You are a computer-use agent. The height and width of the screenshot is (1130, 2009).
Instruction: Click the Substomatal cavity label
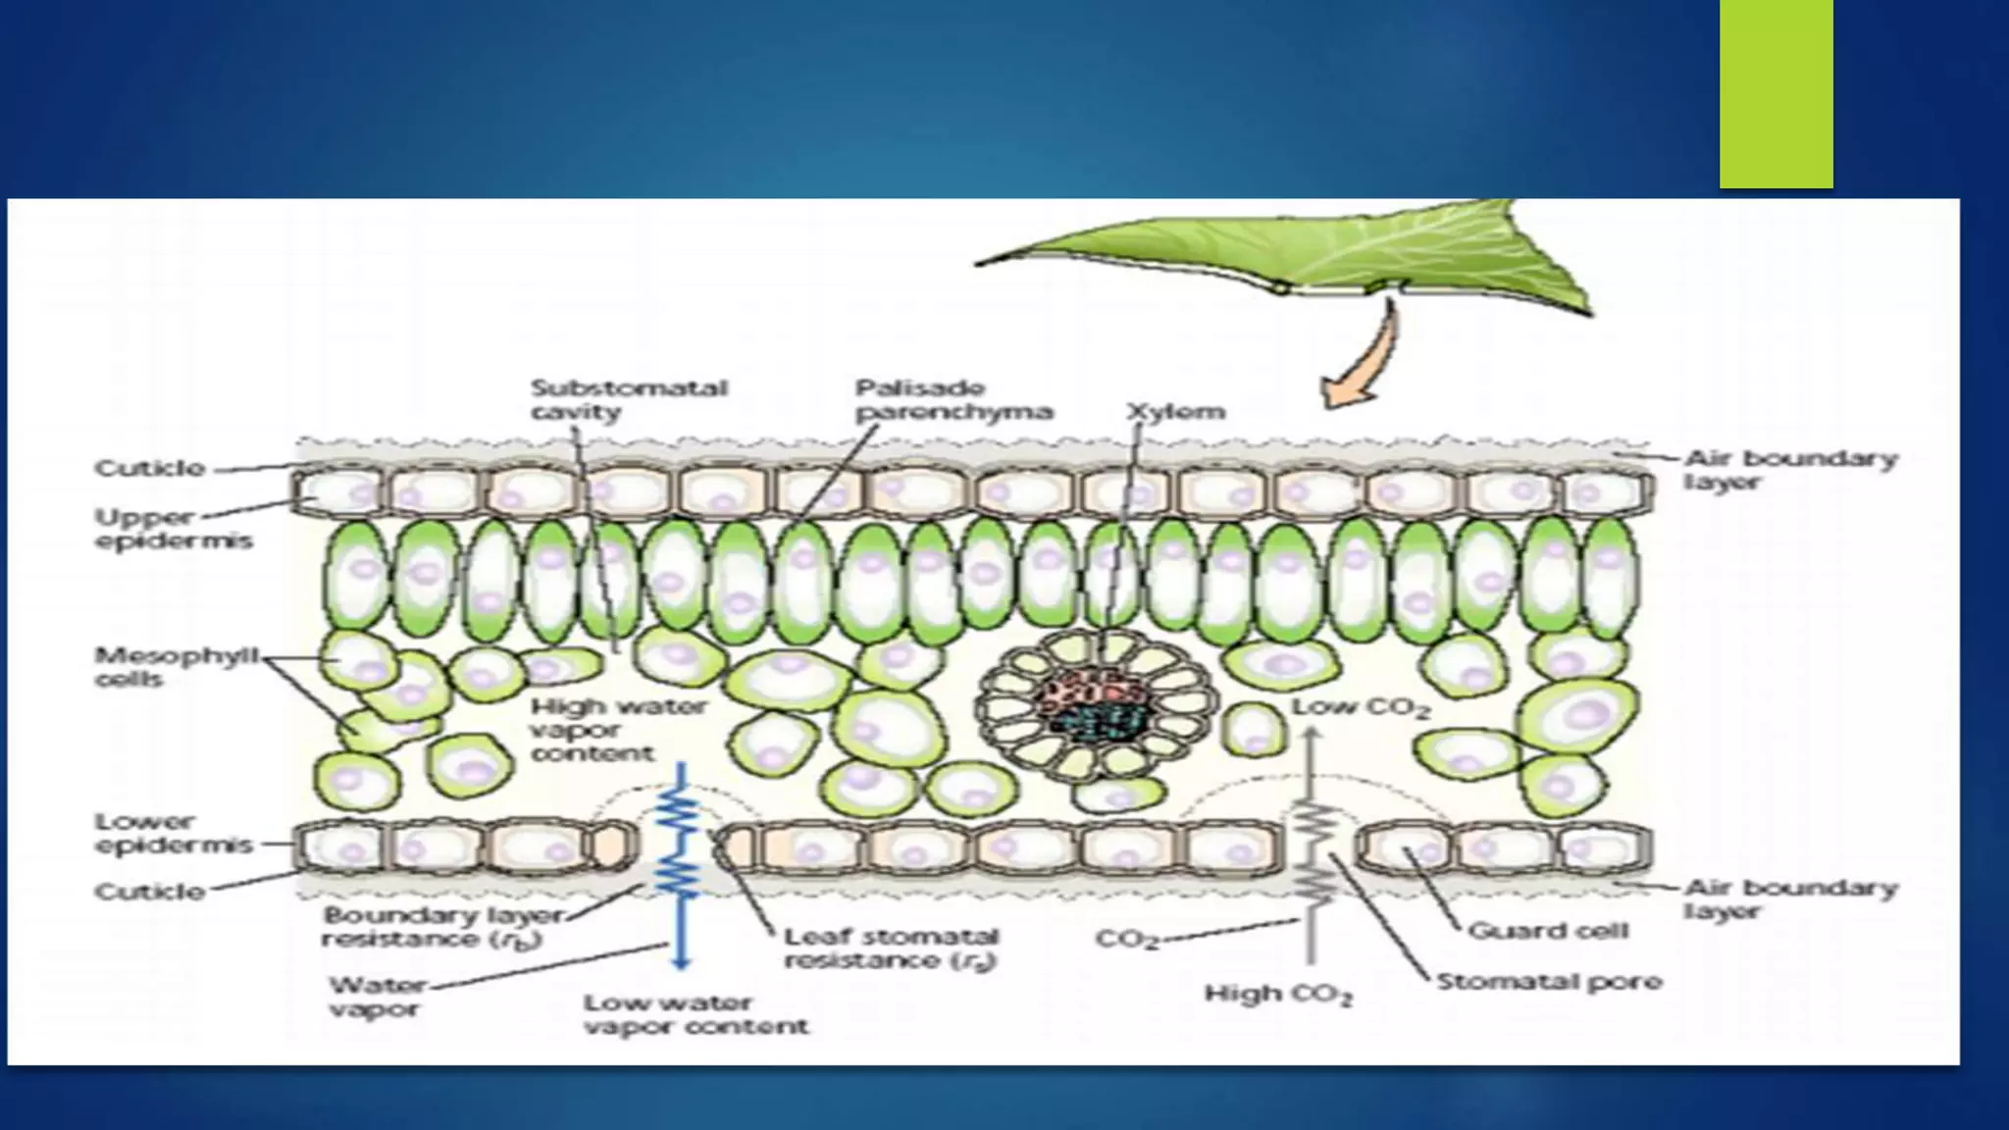(628, 399)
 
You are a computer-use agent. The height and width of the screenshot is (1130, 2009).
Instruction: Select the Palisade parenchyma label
(953, 399)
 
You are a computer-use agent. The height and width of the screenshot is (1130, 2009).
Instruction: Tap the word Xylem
(1175, 411)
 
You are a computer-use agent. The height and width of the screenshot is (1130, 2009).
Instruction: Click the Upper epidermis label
(173, 529)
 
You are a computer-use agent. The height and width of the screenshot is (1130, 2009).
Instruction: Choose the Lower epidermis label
(173, 833)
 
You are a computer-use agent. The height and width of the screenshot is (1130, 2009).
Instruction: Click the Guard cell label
(1547, 930)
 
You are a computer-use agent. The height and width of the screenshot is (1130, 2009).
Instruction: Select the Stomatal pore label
(1548, 981)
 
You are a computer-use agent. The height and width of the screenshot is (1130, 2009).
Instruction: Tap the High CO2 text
(1277, 994)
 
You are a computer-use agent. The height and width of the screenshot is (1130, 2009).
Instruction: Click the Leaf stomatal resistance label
(889, 949)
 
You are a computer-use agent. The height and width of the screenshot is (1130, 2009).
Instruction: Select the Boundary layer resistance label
(443, 927)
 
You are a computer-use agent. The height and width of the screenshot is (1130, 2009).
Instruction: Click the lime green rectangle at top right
(1776, 93)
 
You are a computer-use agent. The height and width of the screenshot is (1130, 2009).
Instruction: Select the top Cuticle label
(149, 469)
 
